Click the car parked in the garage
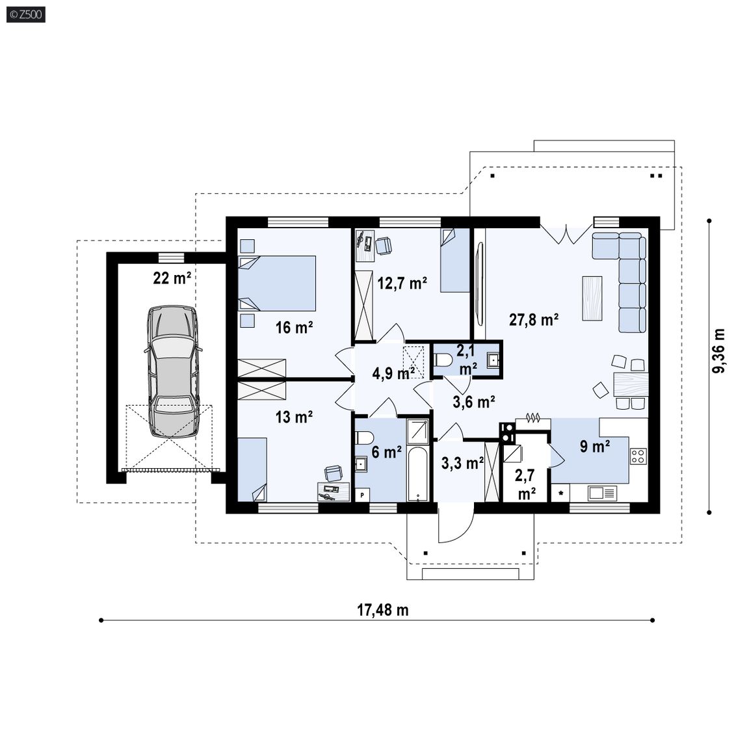tap(173, 371)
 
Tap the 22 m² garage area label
tap(172, 278)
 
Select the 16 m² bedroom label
tap(295, 328)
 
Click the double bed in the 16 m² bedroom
tap(277, 283)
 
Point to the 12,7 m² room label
tap(402, 283)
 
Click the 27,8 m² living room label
tap(534, 319)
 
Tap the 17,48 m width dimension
tap(383, 610)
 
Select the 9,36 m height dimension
tap(719, 351)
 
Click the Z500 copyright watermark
tap(26, 14)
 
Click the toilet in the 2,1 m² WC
tap(443, 360)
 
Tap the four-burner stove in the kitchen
tap(638, 456)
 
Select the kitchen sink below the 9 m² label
tap(602, 493)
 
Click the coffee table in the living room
tap(592, 298)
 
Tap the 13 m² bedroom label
tap(295, 417)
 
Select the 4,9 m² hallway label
tap(393, 374)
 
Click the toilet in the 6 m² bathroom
tap(365, 437)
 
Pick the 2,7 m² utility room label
tap(525, 484)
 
